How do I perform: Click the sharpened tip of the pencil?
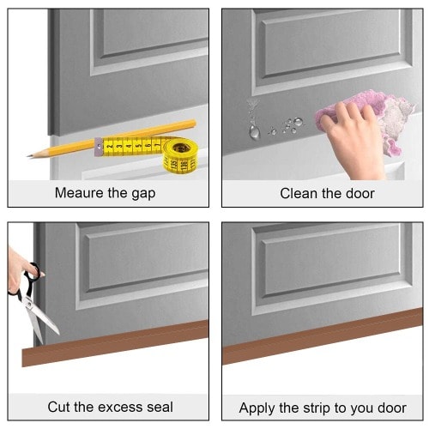pos(28,156)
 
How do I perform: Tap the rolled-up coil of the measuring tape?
pos(180,156)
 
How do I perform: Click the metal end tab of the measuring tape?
pos(99,147)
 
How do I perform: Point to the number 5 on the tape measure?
pos(138,146)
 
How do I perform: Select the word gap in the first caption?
pos(143,194)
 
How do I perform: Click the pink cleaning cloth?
pos(369,118)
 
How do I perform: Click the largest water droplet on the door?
pos(254,132)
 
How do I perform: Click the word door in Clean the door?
pos(360,193)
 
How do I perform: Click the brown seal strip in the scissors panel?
pos(115,343)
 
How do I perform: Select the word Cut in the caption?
pos(58,407)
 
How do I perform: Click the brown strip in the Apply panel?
pos(323,336)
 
